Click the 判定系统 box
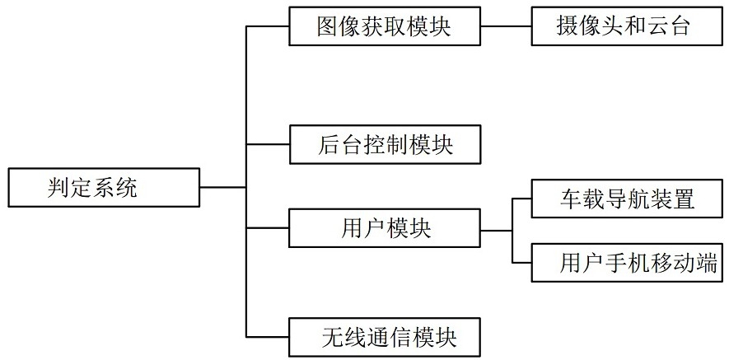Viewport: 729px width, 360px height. pos(104,188)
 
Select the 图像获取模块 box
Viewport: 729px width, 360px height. pos(385,26)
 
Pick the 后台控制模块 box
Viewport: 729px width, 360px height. pos(385,144)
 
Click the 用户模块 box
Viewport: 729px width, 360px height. pos(385,228)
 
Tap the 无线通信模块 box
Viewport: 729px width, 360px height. pos(385,337)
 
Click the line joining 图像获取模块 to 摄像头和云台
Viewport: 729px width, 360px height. pos(506,26)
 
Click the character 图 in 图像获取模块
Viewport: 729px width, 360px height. pos(328,27)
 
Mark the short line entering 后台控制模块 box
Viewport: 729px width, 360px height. pos(268,144)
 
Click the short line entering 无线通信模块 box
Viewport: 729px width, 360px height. pos(268,337)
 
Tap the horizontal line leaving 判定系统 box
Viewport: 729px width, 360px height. pos(223,188)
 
